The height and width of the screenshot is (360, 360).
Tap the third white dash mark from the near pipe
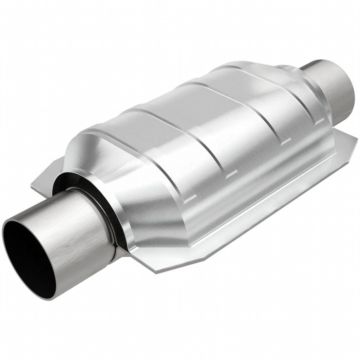[285, 140]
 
